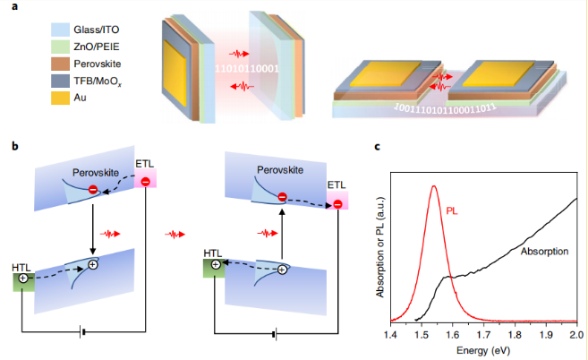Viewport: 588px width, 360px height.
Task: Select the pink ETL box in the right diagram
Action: pos(337,202)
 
